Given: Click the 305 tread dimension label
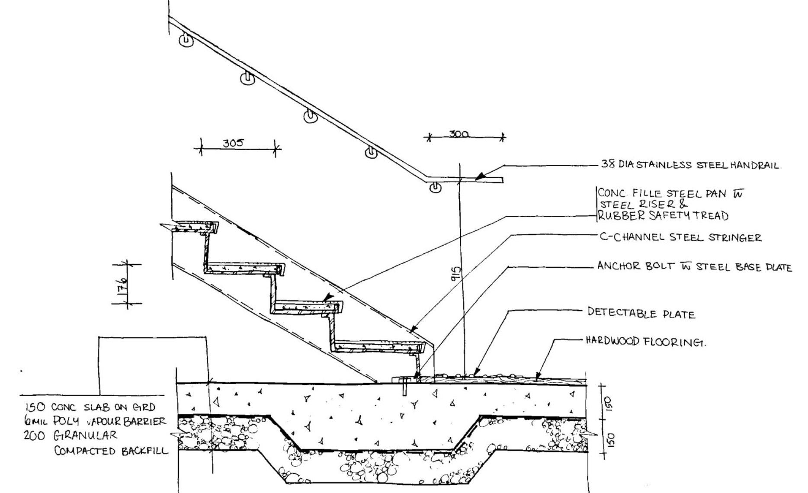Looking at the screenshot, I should (233, 143).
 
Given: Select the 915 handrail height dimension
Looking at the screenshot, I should (455, 273).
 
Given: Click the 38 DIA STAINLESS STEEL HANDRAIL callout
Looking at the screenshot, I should (690, 165).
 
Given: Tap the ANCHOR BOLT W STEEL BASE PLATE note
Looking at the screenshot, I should (694, 266).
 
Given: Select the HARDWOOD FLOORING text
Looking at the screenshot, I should (645, 342).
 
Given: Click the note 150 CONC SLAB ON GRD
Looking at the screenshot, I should (90, 407).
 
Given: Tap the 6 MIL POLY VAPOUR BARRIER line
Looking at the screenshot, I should (95, 421).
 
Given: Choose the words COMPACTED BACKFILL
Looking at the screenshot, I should (111, 451).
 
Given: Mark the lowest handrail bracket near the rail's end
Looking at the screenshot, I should (435, 188).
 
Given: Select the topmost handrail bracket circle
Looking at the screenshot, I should (186, 41).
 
